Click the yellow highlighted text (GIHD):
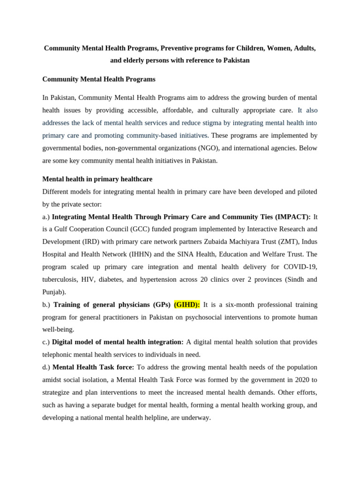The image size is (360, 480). [187, 305]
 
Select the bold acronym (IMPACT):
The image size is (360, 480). [293, 217]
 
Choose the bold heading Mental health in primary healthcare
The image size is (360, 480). [97, 179]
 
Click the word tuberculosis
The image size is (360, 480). [63, 279]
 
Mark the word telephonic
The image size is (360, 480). [59, 354]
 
